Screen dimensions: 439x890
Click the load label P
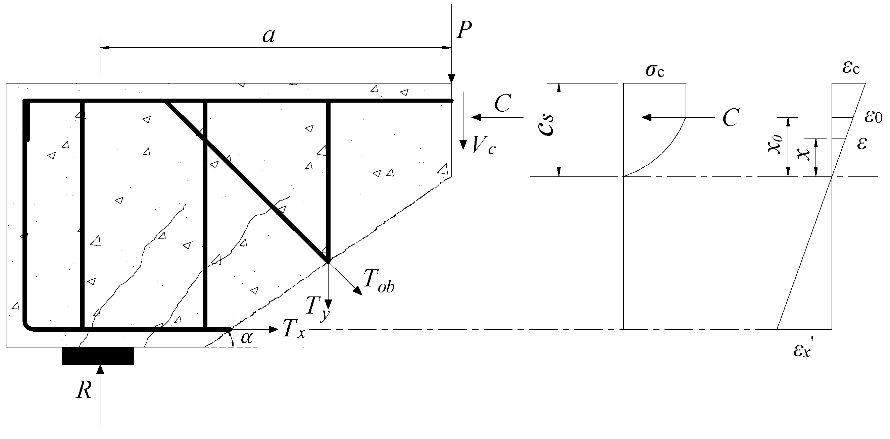tap(464, 30)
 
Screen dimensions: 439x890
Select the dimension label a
tap(268, 36)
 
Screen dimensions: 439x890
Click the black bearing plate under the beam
tap(98, 356)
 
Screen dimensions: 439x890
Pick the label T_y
tap(316, 307)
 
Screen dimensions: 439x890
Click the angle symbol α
tap(246, 337)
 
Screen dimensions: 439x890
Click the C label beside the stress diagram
tap(731, 118)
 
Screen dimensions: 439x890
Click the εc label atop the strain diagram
tap(851, 68)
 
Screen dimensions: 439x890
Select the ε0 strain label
tap(873, 117)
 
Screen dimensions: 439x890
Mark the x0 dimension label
tap(775, 144)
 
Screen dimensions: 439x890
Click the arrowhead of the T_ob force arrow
tap(359, 292)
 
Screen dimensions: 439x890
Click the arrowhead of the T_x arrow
tap(274, 330)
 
